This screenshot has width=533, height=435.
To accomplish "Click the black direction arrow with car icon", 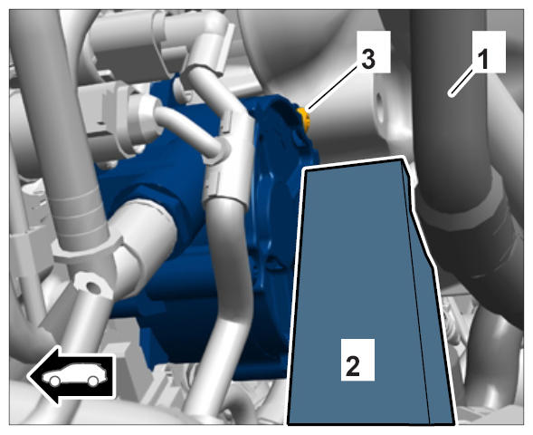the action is point(71,376).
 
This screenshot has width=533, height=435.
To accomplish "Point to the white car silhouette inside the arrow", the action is point(74,375).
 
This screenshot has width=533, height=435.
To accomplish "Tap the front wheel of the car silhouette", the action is point(54,382).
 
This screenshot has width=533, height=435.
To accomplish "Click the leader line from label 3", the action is point(332,88).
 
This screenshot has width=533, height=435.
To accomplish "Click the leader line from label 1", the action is point(462,81).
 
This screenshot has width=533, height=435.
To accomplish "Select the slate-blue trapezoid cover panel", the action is point(369,293).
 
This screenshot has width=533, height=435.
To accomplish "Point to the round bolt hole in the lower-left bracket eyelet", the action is point(93,288).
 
